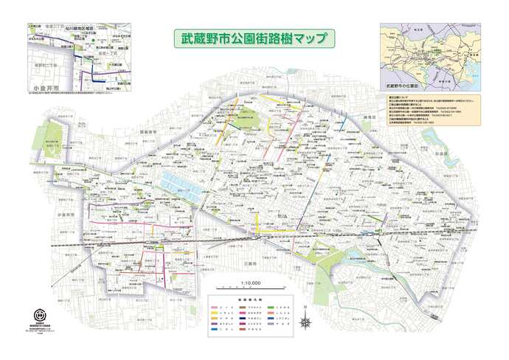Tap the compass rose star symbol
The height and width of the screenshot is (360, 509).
click(305, 321)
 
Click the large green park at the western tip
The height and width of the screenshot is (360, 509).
click(52, 136)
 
